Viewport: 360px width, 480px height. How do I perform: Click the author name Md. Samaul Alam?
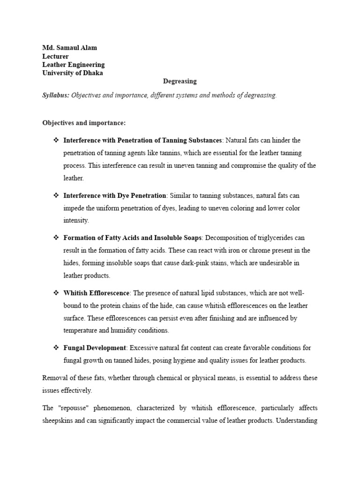[x=70, y=48]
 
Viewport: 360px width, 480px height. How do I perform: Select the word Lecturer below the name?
[x=55, y=56]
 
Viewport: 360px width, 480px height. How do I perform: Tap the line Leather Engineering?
[x=73, y=65]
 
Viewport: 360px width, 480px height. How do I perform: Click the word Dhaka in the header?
[x=93, y=73]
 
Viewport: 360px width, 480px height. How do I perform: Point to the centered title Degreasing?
[x=180, y=82]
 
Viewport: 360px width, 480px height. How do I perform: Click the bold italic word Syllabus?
[x=55, y=95]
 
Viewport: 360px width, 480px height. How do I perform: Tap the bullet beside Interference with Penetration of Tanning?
[x=56, y=140]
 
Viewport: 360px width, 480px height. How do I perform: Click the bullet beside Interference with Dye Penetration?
[x=56, y=195]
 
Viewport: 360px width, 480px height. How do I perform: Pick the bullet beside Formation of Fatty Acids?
[x=56, y=238]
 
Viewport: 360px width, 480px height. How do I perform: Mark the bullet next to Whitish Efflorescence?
[x=56, y=293]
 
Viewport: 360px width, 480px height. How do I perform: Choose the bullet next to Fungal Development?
[x=56, y=348]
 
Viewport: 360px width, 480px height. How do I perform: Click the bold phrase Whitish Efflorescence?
[x=96, y=293]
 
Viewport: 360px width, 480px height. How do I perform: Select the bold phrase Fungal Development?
[x=95, y=348]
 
